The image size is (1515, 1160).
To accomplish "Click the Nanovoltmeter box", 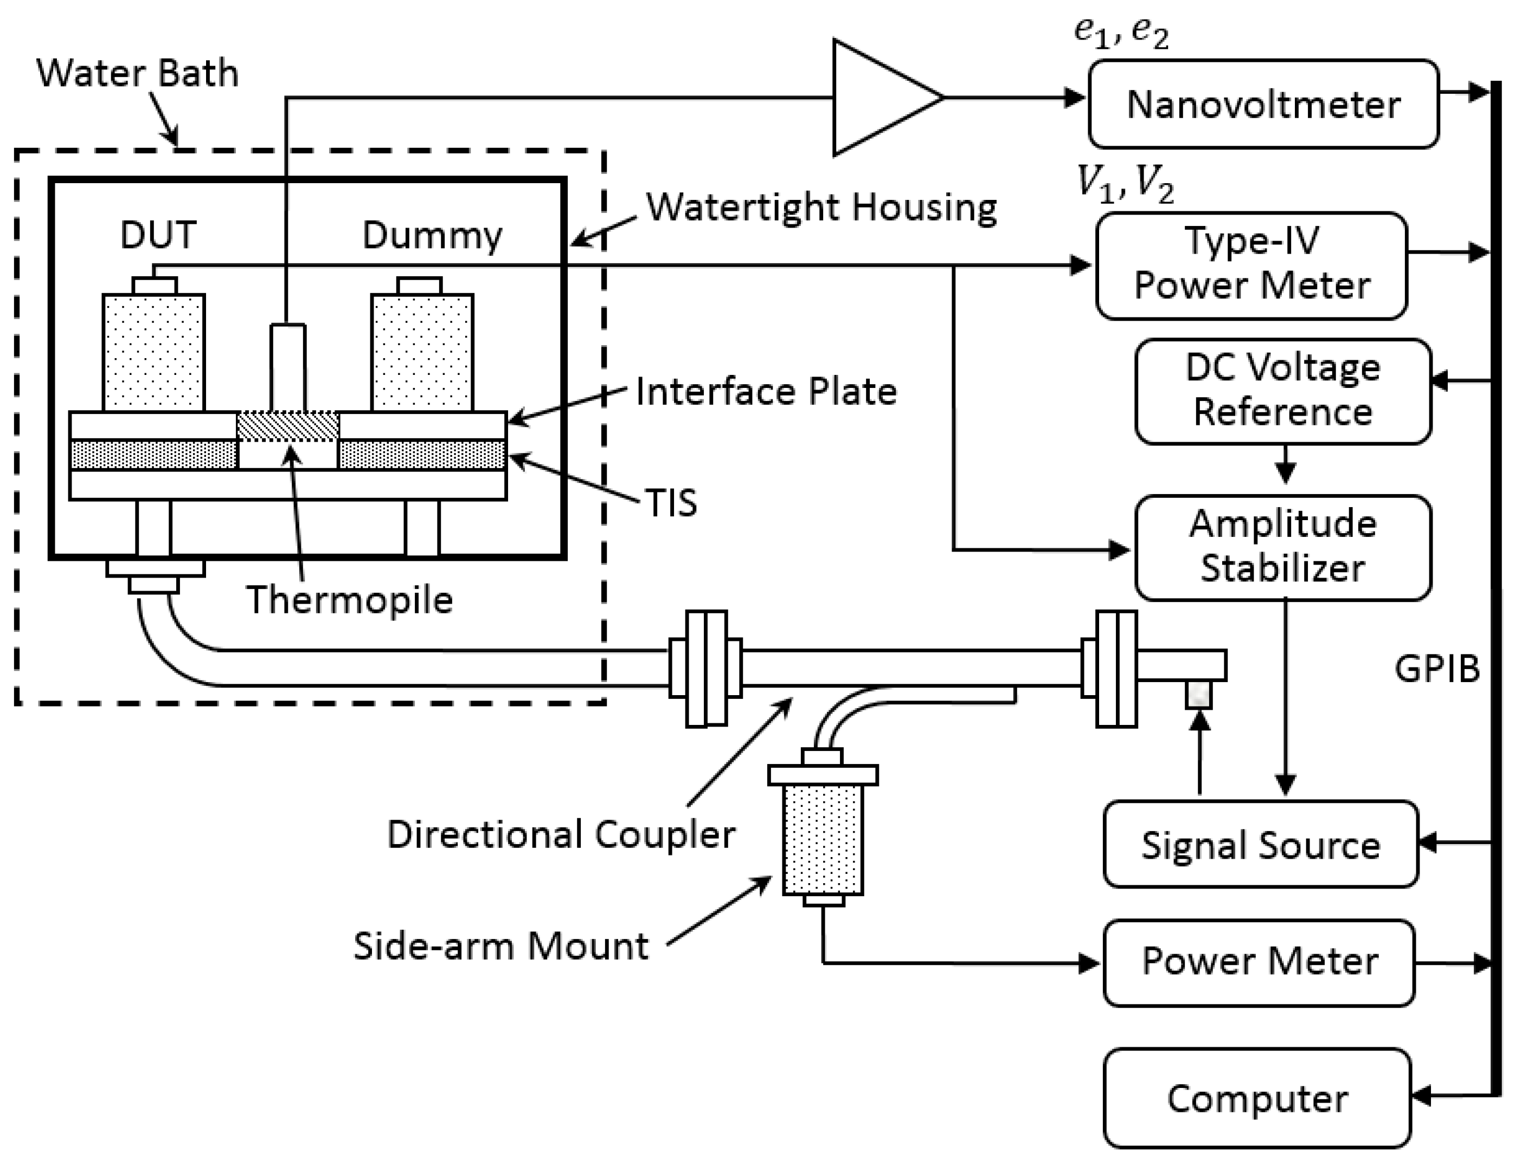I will click(x=1263, y=104).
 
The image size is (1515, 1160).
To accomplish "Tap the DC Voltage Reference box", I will click(x=1283, y=391).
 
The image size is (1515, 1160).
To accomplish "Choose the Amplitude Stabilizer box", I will click(x=1283, y=547).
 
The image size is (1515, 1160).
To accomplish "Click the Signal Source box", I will click(x=1260, y=844).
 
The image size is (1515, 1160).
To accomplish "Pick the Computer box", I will click(x=1257, y=1098).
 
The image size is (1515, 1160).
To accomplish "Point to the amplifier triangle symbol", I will click(x=877, y=98).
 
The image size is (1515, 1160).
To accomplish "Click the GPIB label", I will click(x=1437, y=669).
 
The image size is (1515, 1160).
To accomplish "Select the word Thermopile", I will click(x=350, y=599).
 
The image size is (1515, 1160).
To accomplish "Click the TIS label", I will click(x=671, y=503).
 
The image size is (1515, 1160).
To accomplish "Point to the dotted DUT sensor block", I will click(x=153, y=353).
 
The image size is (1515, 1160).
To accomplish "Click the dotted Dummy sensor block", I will click(x=422, y=353).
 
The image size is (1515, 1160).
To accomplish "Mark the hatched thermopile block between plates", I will click(x=287, y=426).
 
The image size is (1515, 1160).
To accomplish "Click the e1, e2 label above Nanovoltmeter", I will click(x=1121, y=33).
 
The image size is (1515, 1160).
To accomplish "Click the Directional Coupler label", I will click(x=561, y=834).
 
